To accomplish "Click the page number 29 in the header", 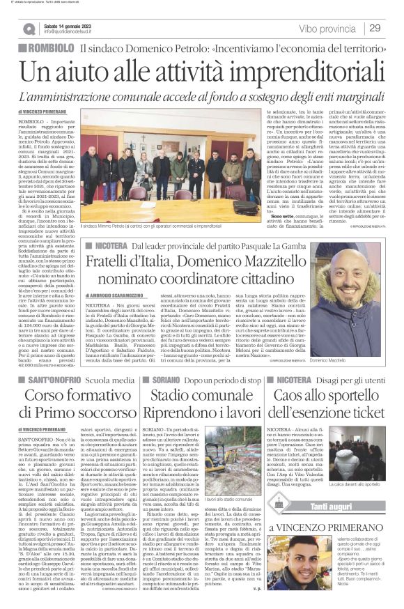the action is (x=375, y=28).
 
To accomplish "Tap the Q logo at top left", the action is (x=29, y=29).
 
